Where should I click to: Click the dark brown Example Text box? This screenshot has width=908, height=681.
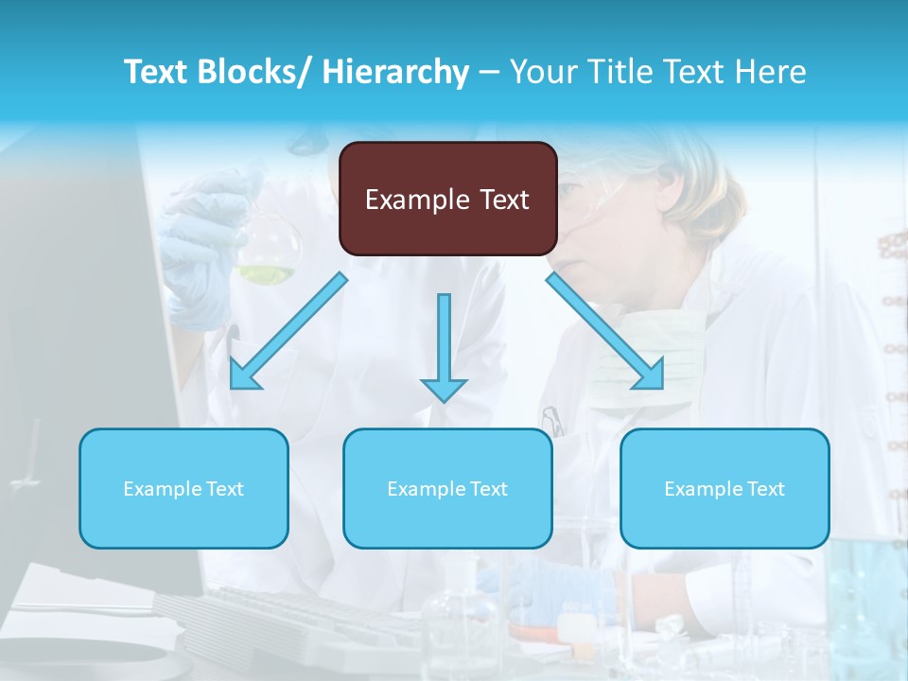(447, 199)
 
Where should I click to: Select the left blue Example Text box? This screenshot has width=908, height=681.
(183, 488)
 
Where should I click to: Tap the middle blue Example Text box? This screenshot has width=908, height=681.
(447, 488)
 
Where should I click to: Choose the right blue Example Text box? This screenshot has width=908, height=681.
(725, 488)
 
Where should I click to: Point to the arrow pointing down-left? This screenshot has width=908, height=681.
(288, 331)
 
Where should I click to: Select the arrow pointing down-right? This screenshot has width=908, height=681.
(605, 331)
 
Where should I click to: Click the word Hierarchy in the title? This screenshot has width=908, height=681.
(395, 72)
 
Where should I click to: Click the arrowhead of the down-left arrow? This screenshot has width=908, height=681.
(243, 375)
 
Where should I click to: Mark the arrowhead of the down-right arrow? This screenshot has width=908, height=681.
(652, 375)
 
